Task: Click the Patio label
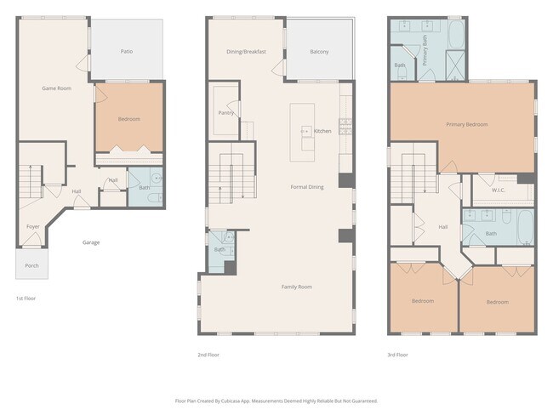(126, 52)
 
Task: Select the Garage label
(91, 242)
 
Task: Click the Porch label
(31, 265)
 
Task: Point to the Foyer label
(33, 227)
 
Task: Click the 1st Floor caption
(26, 298)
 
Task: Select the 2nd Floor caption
(208, 355)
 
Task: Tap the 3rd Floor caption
(396, 355)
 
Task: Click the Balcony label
(318, 52)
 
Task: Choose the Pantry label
(226, 113)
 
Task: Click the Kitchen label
(322, 131)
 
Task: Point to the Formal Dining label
(307, 186)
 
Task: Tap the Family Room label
(297, 287)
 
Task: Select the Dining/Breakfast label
(246, 52)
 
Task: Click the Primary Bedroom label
(467, 125)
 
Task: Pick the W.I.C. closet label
(499, 190)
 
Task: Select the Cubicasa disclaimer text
(276, 400)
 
